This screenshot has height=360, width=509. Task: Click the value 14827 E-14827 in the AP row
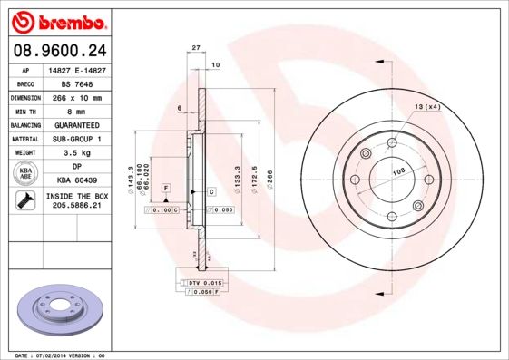coord(81,70)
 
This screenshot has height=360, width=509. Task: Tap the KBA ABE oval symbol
coord(25,173)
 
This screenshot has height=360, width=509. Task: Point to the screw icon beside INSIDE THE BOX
coord(24,201)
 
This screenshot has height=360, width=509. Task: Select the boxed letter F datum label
coord(166,187)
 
